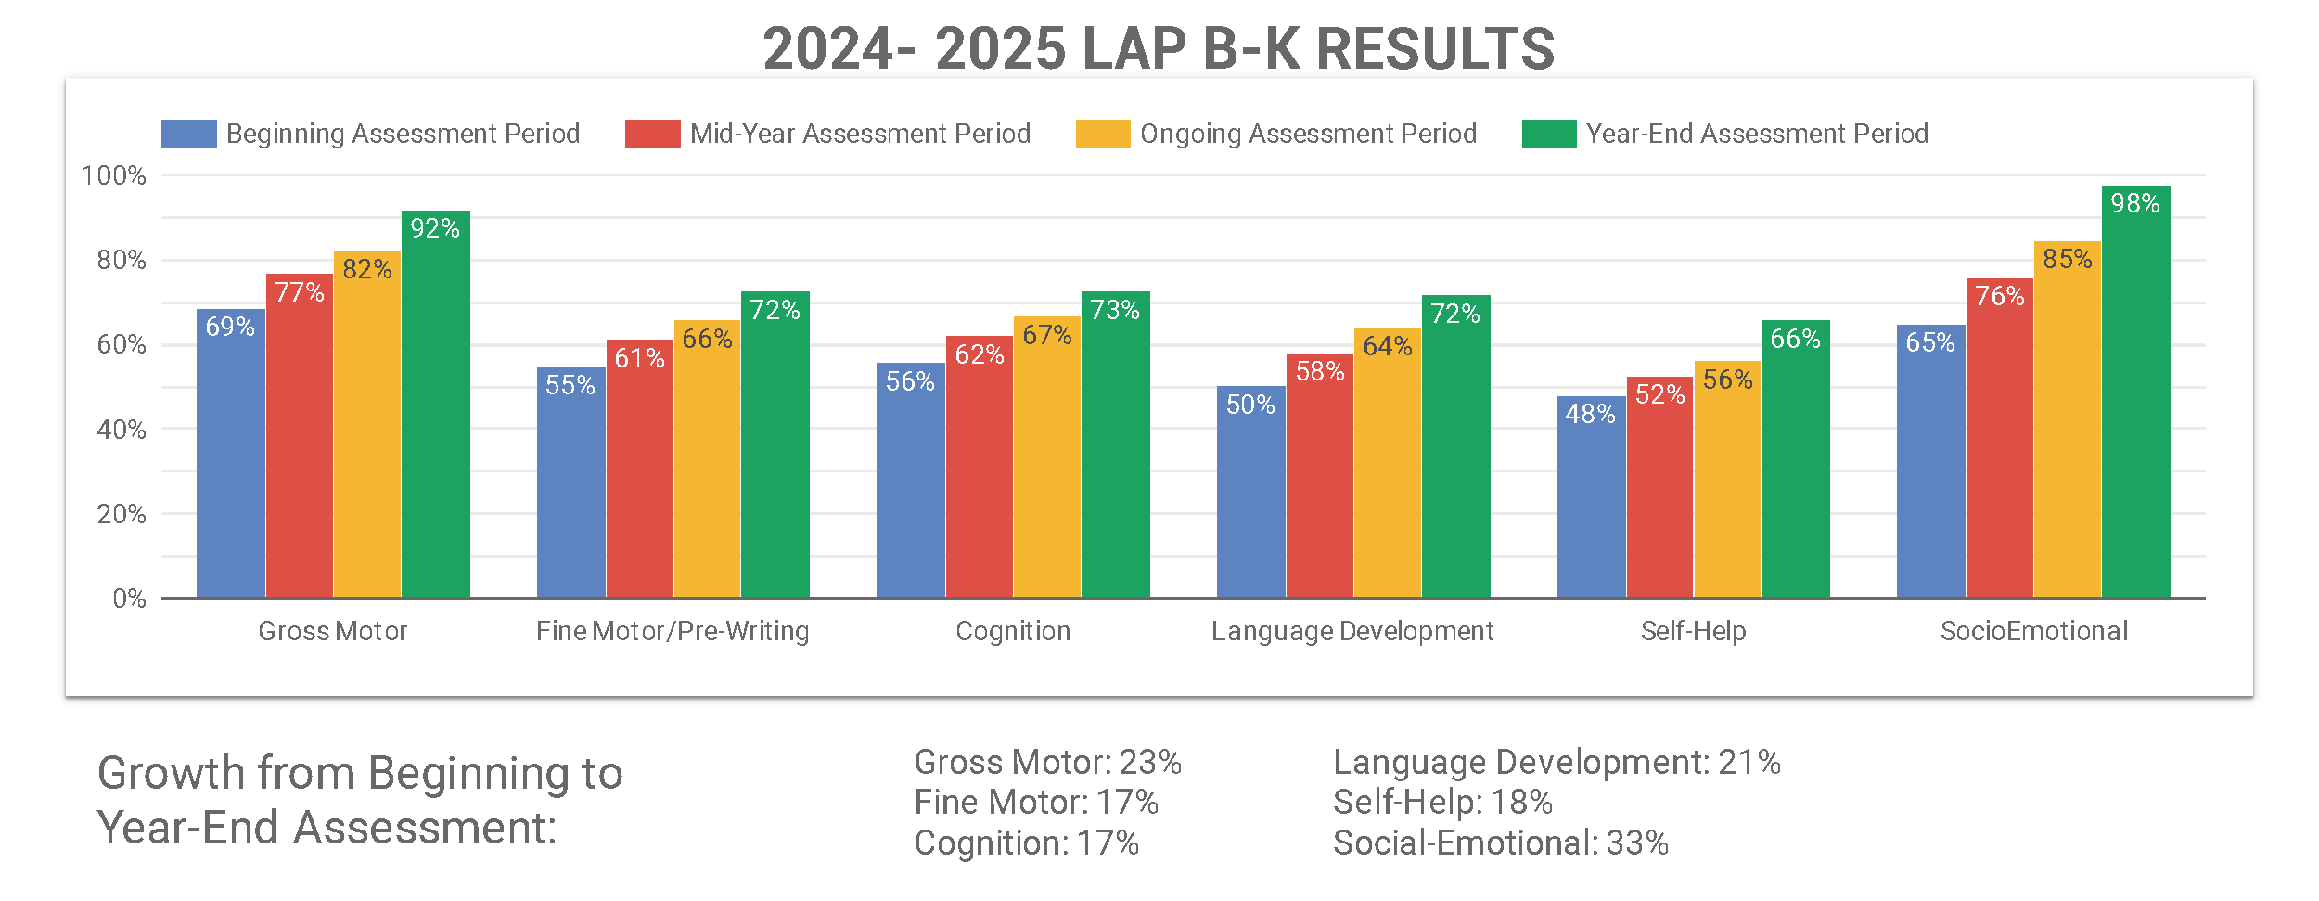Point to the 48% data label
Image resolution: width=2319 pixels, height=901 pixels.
pyautogui.click(x=1590, y=414)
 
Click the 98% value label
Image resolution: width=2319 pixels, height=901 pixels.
pyautogui.click(x=2135, y=203)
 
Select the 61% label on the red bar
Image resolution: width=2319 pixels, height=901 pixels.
pyautogui.click(x=639, y=358)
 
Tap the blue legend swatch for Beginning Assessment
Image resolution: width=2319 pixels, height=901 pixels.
pyautogui.click(x=188, y=134)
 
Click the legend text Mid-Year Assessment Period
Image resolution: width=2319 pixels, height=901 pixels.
pyautogui.click(x=860, y=134)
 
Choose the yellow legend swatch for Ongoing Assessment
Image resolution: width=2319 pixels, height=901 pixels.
pyautogui.click(x=1103, y=134)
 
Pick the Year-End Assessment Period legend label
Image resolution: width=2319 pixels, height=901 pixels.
pyautogui.click(x=1757, y=134)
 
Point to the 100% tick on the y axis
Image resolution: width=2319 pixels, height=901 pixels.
pyautogui.click(x=114, y=175)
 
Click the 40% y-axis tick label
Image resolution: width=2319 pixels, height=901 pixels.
pyautogui.click(x=122, y=430)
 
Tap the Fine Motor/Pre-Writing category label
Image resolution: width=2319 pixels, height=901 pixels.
pyautogui.click(x=673, y=631)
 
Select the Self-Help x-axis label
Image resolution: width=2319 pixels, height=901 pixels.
pyautogui.click(x=1693, y=631)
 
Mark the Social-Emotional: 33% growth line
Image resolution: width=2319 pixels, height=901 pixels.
pyautogui.click(x=1500, y=843)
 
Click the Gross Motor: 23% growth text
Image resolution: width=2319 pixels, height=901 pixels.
pyautogui.click(x=1047, y=762)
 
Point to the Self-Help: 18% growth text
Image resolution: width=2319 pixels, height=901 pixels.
pyautogui.click(x=1442, y=802)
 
